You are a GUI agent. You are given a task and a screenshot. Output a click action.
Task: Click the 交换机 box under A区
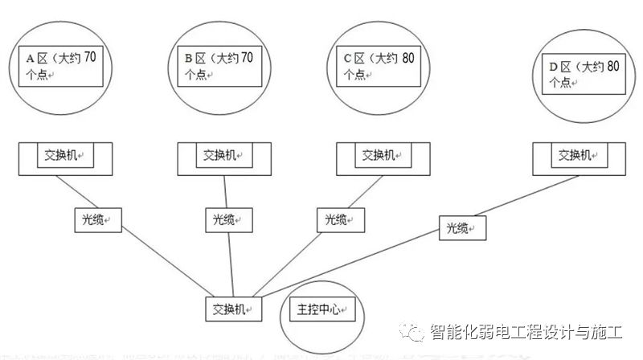tap(65, 156)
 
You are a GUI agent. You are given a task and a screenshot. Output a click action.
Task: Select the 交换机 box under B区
tap(222, 156)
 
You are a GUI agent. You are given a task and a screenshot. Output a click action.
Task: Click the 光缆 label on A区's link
tap(94, 219)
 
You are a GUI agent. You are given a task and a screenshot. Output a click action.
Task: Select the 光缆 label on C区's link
tap(341, 219)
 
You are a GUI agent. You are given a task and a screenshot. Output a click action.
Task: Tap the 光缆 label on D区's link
tap(463, 227)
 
